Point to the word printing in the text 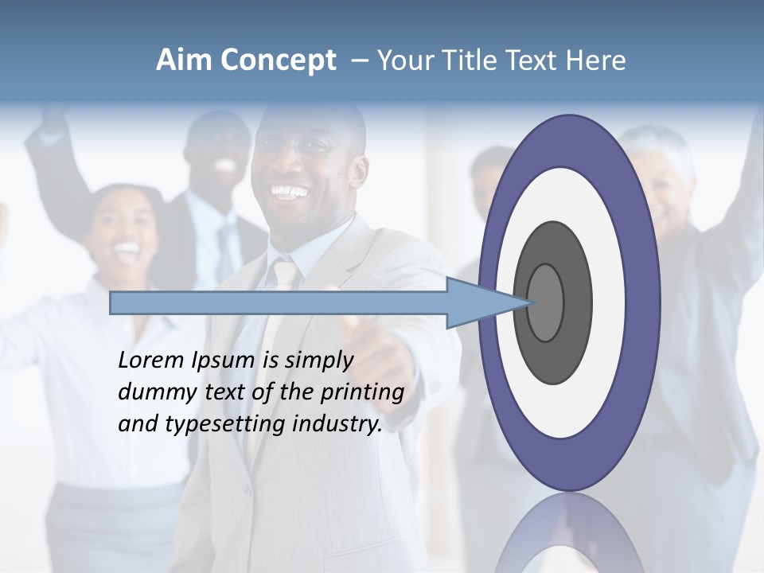click(x=361, y=392)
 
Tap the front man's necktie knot click(x=285, y=275)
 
